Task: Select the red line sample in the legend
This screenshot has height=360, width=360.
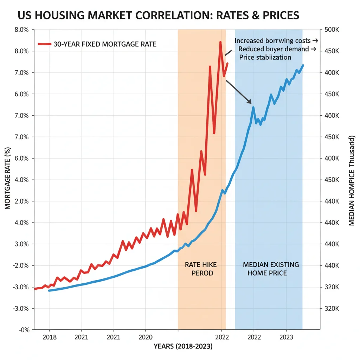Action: pos(44,44)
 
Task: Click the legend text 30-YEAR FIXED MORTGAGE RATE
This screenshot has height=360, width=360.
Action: pos(105,44)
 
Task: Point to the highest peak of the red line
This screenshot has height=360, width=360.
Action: pos(220,42)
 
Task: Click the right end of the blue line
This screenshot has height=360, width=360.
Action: pos(303,65)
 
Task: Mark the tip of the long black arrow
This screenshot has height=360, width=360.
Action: pos(252,103)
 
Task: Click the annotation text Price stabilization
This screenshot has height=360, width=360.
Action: pos(265,57)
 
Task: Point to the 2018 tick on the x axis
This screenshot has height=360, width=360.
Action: pos(49,337)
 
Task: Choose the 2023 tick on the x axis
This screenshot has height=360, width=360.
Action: pos(286,337)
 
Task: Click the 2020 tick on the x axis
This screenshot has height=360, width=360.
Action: pos(145,337)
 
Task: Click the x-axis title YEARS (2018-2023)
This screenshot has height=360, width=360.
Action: pos(182,347)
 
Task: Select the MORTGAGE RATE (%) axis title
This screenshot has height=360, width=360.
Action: pos(8,179)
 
